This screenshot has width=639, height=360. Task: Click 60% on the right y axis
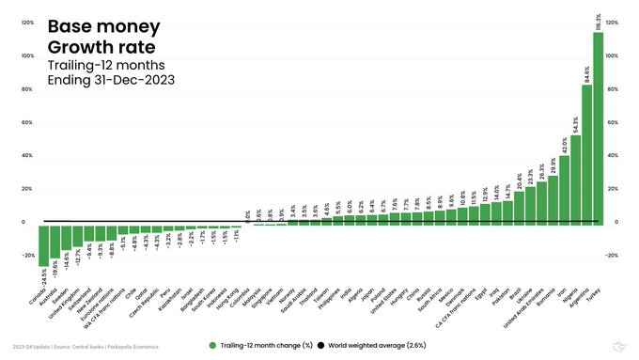click(x=613, y=123)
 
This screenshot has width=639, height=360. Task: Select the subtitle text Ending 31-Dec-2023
click(x=110, y=80)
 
